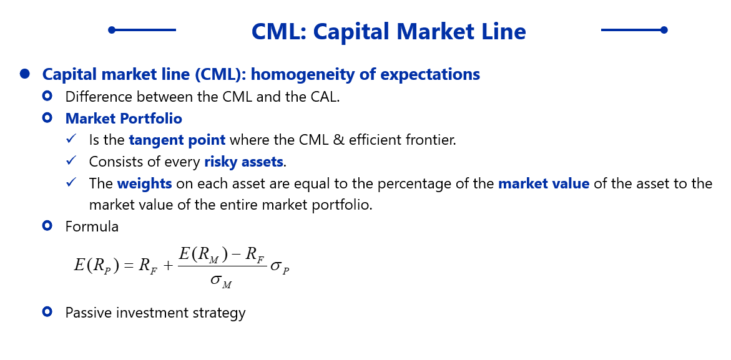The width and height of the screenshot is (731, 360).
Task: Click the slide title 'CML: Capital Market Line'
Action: (x=388, y=32)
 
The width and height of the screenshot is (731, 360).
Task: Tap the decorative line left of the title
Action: (x=142, y=30)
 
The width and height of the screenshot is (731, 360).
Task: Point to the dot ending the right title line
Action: (x=664, y=30)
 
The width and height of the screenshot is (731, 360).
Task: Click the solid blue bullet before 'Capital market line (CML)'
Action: (x=25, y=74)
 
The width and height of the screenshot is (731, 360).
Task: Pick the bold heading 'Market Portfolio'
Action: (x=124, y=119)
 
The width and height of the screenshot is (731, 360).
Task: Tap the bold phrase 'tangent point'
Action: (x=177, y=140)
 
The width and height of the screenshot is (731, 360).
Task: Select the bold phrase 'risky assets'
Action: (x=244, y=162)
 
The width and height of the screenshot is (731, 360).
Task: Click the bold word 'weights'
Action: (x=145, y=183)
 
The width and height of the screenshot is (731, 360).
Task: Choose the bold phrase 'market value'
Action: (x=544, y=183)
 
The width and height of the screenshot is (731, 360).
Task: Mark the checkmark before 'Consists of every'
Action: (x=71, y=161)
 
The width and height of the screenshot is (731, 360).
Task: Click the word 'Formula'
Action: (x=92, y=227)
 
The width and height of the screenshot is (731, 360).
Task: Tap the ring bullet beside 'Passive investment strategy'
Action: (x=47, y=311)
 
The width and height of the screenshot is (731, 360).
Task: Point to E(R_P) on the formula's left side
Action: (x=97, y=265)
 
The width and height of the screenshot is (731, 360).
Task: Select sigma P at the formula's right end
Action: (x=280, y=267)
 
